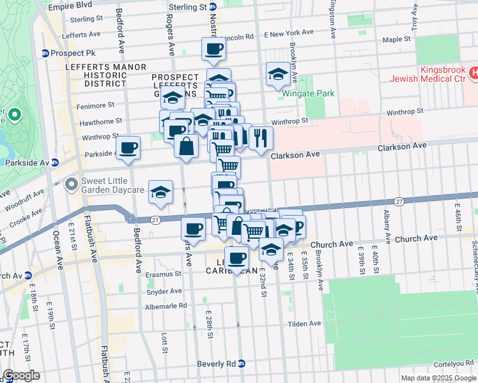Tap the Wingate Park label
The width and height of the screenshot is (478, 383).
pyautogui.click(x=309, y=94)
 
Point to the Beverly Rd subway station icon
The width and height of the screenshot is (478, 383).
pyautogui.click(x=242, y=364)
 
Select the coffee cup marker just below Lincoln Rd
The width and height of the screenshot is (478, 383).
pyautogui.click(x=213, y=49)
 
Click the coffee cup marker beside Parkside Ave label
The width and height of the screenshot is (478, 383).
pyautogui.click(x=128, y=147)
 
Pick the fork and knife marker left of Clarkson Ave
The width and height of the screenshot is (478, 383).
pyautogui.click(x=261, y=138)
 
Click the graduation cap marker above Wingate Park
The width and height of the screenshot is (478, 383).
pyautogui.click(x=278, y=74)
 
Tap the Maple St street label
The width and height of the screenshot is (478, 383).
pyautogui.click(x=396, y=40)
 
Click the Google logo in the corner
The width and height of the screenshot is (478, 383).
pyautogui.click(x=21, y=375)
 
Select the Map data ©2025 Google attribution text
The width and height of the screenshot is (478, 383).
pyautogui.click(x=438, y=378)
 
